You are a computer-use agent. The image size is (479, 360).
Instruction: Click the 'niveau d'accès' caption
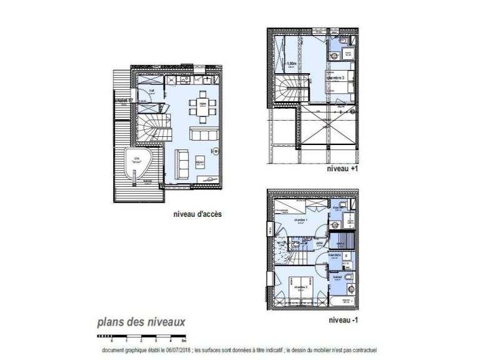[197, 214]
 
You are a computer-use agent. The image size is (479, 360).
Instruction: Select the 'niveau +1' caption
[343, 169]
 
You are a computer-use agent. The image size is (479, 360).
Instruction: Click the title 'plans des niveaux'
[141, 322]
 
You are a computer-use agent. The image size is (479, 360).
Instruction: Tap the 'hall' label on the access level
[152, 90]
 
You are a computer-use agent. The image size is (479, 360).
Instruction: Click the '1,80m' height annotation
[291, 64]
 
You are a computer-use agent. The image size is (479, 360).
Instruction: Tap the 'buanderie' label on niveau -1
[335, 255]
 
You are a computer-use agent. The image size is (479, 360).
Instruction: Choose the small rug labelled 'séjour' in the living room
[200, 162]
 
